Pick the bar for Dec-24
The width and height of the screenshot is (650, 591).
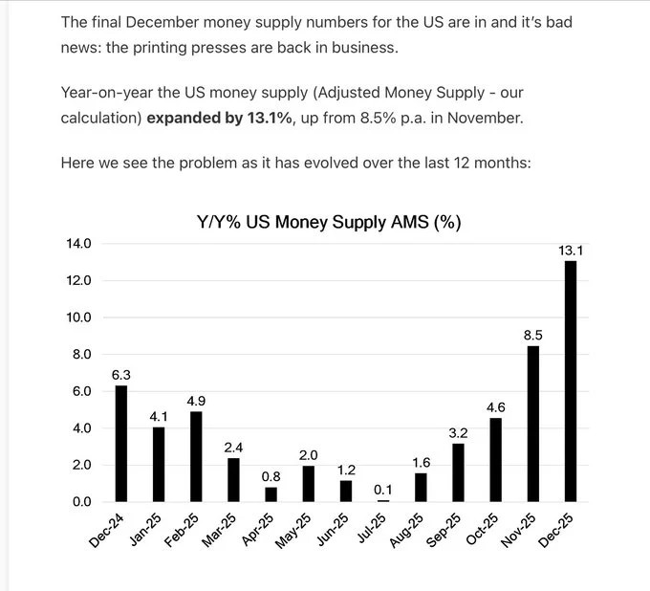(x=121, y=443)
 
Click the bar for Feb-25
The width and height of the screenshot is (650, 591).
(x=196, y=456)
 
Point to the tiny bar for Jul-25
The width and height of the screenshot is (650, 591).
(x=383, y=500)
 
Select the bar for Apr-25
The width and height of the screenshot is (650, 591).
(x=271, y=494)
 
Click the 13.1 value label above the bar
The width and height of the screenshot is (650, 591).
(x=571, y=251)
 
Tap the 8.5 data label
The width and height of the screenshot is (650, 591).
(x=533, y=335)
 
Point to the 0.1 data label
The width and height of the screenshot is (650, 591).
(x=383, y=489)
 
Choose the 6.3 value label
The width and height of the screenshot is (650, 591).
(x=121, y=375)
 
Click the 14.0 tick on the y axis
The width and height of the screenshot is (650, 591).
(x=78, y=244)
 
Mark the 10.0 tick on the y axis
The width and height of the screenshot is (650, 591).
(x=78, y=317)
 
